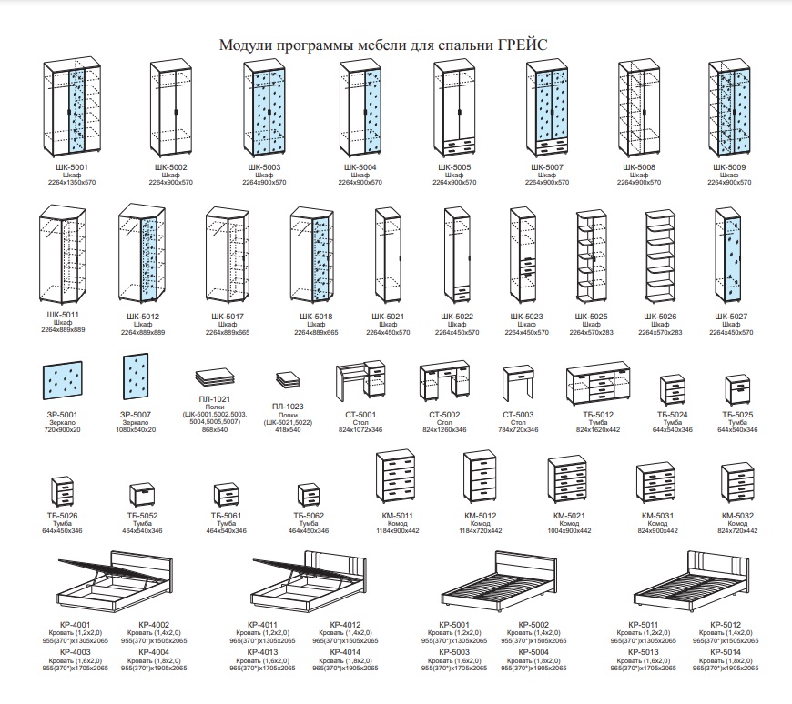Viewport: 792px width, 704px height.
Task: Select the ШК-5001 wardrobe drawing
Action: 72,108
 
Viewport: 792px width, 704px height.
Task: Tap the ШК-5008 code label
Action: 639,167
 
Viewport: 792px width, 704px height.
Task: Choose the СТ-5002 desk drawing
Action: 445,384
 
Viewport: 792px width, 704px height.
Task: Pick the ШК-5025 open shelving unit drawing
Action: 591,257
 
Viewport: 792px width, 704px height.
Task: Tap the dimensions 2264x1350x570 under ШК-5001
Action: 72,183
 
